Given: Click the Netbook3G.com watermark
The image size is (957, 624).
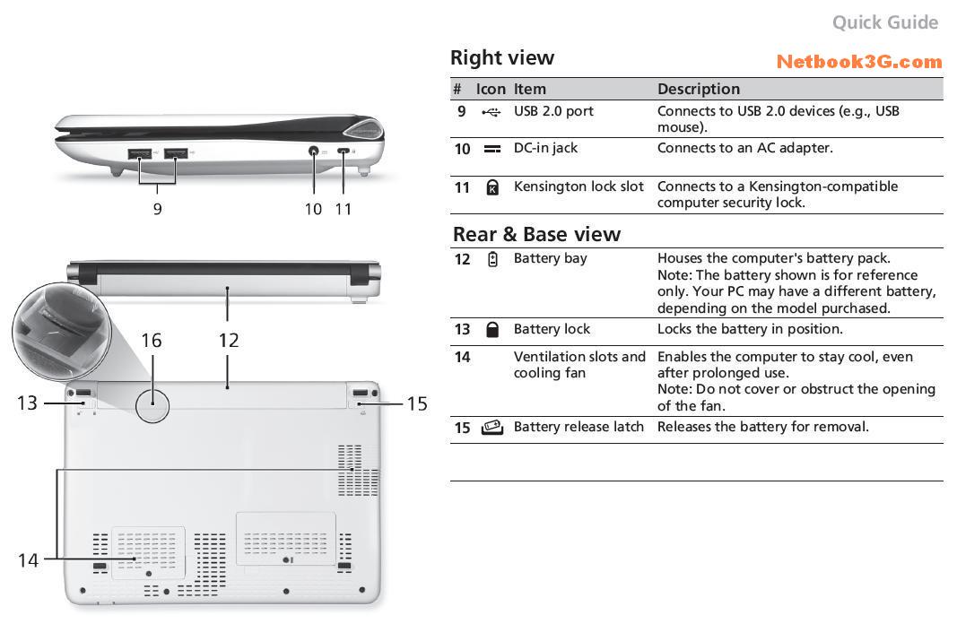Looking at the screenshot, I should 858,62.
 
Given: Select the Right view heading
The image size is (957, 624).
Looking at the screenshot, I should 502,58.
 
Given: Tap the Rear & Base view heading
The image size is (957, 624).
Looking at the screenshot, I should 536,235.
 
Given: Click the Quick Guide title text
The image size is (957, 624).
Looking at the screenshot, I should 884,22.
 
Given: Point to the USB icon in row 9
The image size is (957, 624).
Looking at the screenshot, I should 491,112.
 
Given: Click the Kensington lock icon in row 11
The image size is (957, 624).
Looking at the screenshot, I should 492,187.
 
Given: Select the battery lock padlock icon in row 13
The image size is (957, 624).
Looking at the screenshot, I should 492,329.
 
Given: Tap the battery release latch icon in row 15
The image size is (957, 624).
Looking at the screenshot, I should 492,428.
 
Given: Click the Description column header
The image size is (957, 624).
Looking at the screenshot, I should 699,89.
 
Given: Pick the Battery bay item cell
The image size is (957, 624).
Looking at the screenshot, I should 550,258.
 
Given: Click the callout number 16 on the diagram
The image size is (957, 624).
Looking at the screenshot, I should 152,340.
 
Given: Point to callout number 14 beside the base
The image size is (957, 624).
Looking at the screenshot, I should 28,560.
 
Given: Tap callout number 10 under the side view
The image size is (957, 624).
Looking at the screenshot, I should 313,209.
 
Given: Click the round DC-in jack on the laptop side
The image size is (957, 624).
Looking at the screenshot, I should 315,152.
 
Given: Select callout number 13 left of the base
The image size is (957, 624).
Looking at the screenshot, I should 27,403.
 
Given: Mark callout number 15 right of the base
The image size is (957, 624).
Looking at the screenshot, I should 417,403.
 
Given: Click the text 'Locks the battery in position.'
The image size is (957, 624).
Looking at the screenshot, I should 750,329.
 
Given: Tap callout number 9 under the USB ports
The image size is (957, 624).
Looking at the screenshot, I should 158,209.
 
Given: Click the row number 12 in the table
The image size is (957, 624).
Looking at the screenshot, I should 462,259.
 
